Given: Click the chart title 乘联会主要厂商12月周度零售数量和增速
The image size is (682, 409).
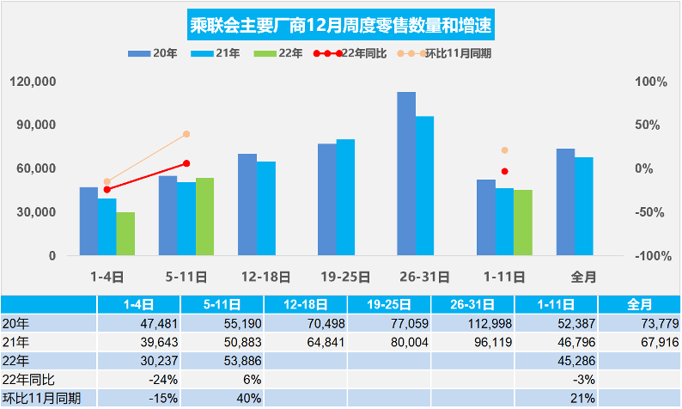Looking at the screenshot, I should (341, 24).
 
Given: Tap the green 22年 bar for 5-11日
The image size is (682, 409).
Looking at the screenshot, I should (204, 217).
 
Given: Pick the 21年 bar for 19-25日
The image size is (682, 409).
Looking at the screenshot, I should (345, 198).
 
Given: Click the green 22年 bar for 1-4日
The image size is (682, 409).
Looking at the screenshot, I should (125, 234).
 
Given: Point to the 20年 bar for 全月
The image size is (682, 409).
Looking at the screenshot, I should (565, 202).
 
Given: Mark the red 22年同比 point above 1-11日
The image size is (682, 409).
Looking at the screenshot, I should (505, 172).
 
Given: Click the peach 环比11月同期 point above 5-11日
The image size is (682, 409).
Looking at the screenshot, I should (186, 134).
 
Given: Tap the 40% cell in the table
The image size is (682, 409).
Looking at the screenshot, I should (222, 398).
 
